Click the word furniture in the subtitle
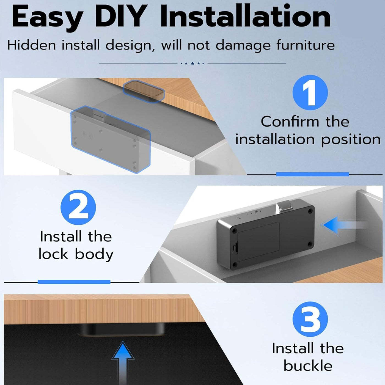[306, 45]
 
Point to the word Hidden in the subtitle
[32, 45]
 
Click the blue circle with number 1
[310, 92]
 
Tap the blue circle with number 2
[78, 207]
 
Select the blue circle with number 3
[310, 319]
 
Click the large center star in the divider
[193, 63]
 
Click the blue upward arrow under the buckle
[123, 363]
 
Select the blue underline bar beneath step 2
[74, 282]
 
